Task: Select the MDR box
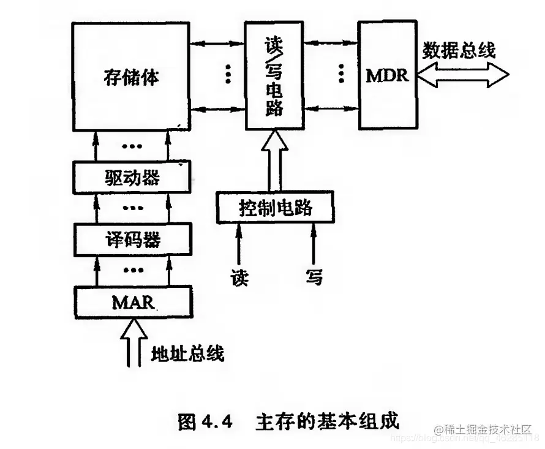pyautogui.click(x=387, y=75)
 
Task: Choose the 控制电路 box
pyautogui.click(x=275, y=207)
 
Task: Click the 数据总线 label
pyautogui.click(x=460, y=50)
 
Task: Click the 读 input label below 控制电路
pyautogui.click(x=239, y=277)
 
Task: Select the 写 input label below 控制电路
pyautogui.click(x=314, y=277)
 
